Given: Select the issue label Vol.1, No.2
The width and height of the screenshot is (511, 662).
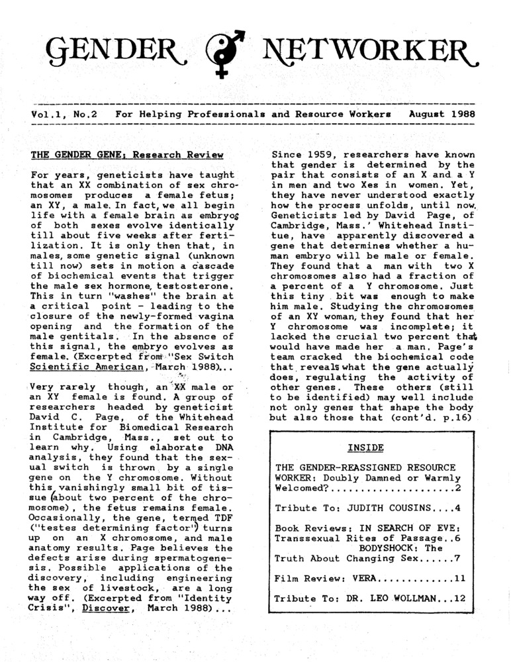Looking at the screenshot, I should tap(64, 115).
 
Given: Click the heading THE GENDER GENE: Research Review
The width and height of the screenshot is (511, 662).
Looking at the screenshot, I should tap(127, 156).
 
